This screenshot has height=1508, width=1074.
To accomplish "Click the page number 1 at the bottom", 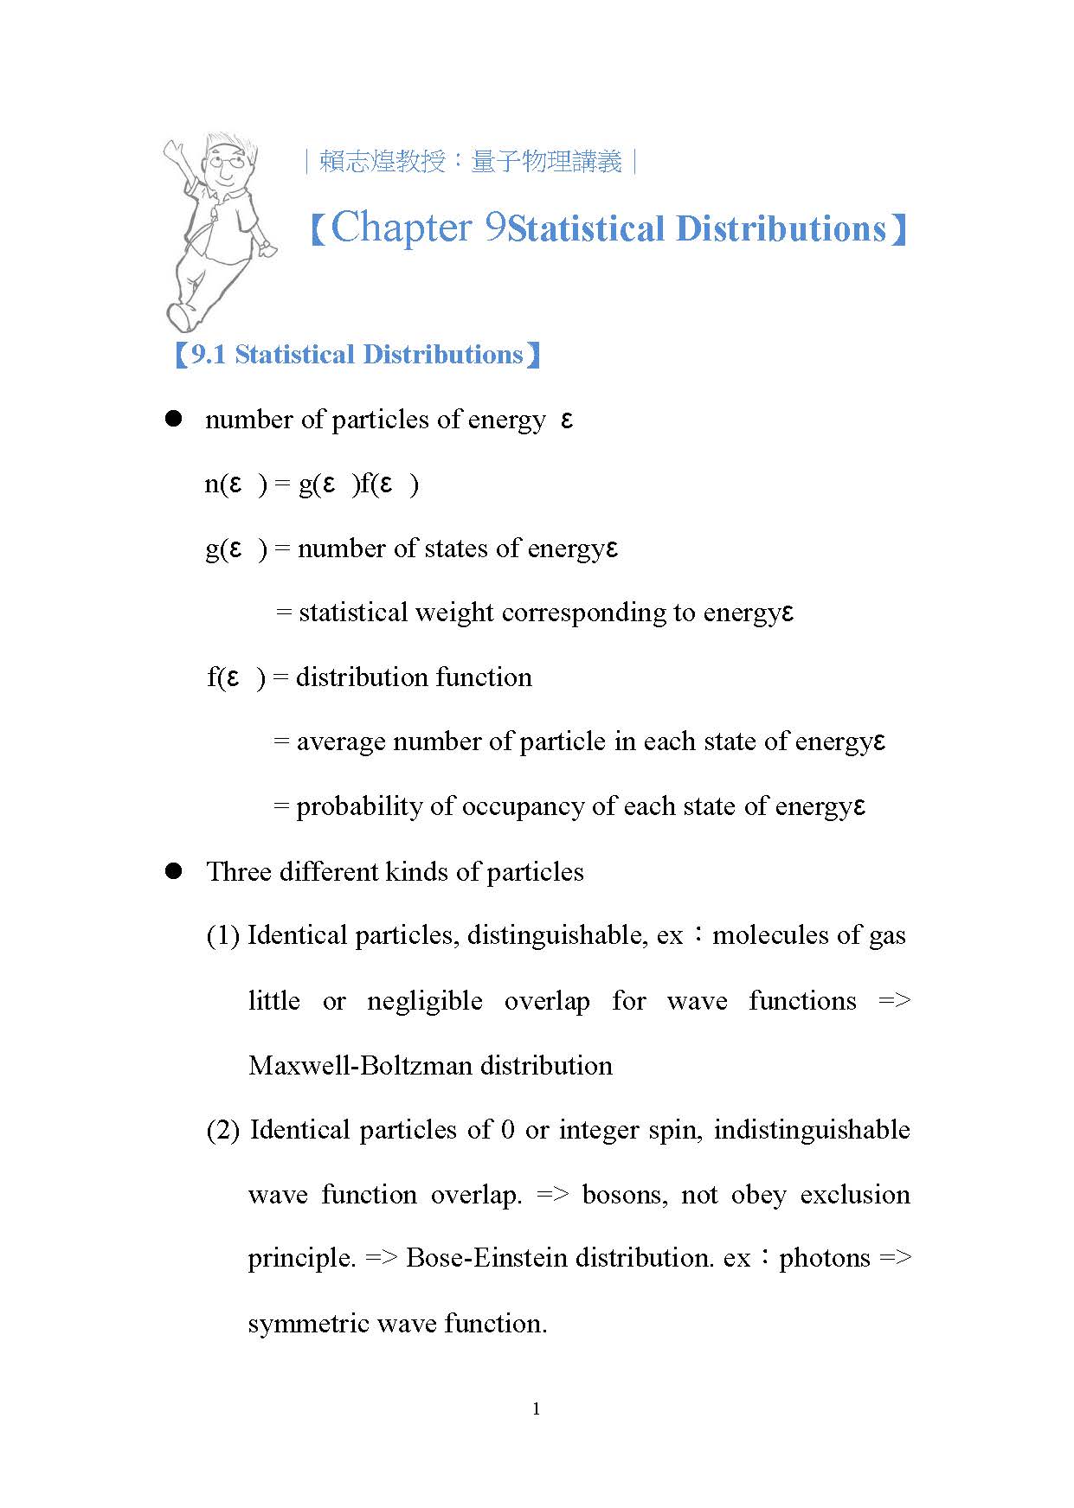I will click(x=537, y=1409).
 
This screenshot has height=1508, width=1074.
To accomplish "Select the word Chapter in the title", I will click(x=402, y=228).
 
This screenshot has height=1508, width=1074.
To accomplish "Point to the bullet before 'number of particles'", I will click(x=174, y=419).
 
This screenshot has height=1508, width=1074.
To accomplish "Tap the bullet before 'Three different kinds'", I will click(x=174, y=870).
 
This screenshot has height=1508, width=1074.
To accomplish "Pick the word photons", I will click(x=824, y=1257).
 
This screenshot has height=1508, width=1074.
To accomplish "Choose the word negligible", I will click(x=424, y=1001).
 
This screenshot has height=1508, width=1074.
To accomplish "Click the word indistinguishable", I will click(x=812, y=1130).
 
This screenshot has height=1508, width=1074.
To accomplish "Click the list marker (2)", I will click(x=222, y=1131).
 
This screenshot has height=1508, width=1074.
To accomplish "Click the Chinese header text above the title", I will click(x=471, y=162).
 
